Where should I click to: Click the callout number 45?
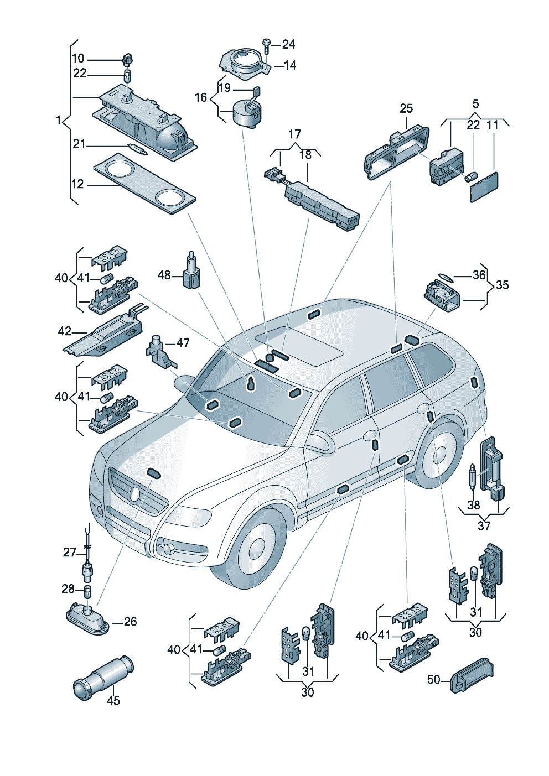coord(113,700)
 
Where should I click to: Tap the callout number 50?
coord(434,679)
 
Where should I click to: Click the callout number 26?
coord(130,622)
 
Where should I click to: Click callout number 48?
coord(164,274)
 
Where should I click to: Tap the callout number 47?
coord(183,343)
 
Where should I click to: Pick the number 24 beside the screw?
coord(288,44)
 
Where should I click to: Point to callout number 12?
coord(77,184)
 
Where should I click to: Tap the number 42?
coord(65,331)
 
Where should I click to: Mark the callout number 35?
coord(502,285)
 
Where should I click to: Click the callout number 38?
coord(474,504)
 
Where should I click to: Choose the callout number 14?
coord(289,65)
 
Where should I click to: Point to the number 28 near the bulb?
coord(68,588)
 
